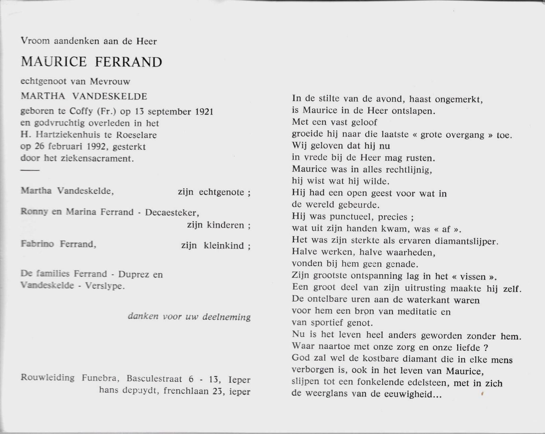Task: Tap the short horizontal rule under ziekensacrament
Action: point(30,170)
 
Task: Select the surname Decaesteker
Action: point(172,212)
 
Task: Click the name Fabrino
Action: point(37,244)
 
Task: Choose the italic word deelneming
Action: point(226,317)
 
